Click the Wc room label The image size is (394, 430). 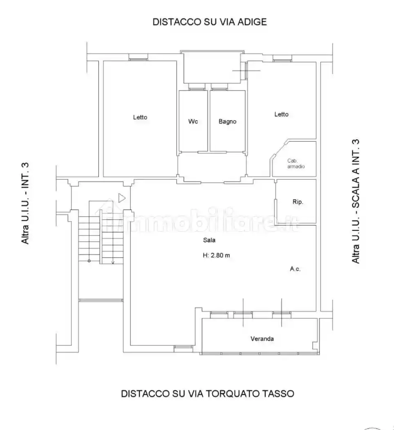[193, 122]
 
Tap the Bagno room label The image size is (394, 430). [227, 122]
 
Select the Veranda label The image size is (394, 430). [262, 339]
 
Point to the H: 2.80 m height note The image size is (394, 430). [216, 255]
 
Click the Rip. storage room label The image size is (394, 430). [298, 202]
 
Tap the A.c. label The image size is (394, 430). [295, 269]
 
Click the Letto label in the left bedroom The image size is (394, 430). [140, 117]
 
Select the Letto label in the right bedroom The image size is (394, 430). [281, 114]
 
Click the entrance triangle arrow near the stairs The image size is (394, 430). [122, 198]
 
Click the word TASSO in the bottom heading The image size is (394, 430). [279, 394]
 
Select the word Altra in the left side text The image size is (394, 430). [25, 234]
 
